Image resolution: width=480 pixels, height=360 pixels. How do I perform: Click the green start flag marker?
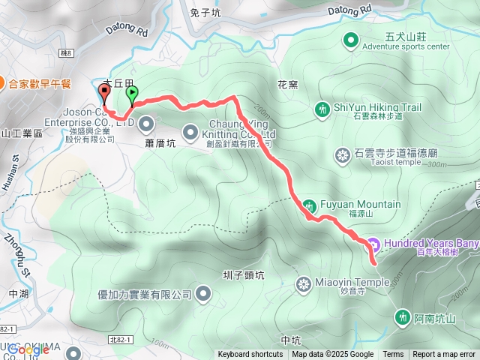[133, 94]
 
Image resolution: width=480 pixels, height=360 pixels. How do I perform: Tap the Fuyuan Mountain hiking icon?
[310, 204]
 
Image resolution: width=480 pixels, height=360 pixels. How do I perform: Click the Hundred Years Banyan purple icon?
[373, 244]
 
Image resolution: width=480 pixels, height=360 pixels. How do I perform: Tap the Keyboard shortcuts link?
[251, 355]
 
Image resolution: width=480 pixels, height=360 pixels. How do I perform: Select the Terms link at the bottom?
[393, 355]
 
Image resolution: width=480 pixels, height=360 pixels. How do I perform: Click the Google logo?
[28, 349]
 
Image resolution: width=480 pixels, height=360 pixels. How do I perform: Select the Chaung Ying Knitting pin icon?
[190, 129]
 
